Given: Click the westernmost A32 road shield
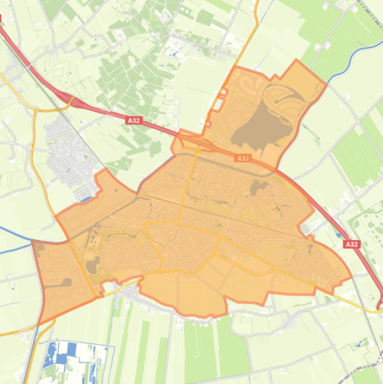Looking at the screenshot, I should (x=133, y=121).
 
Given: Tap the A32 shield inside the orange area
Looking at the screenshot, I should (x=243, y=158).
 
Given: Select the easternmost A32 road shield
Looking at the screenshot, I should (x=352, y=244).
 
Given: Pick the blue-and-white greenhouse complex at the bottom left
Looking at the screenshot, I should (x=75, y=354).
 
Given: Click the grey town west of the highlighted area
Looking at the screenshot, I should (x=70, y=150).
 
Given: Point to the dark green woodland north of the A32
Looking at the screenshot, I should (x=125, y=75).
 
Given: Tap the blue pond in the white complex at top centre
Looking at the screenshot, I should (x=175, y=53).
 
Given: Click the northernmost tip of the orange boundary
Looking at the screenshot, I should (x=297, y=60).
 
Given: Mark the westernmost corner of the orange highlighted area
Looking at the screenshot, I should (x=33, y=241).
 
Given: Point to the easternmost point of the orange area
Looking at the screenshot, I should (x=351, y=275).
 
